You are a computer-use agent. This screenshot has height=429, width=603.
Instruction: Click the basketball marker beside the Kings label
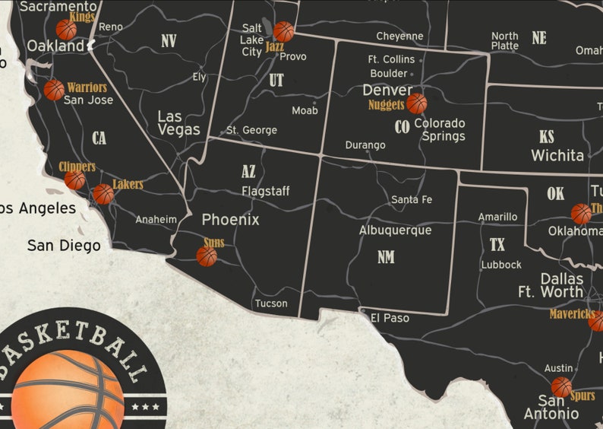pos(66,30)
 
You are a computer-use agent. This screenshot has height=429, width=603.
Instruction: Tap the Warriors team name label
pos(87,87)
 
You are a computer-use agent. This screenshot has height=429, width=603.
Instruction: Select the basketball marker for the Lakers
pos(103,194)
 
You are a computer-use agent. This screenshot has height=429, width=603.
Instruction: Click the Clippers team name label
pos(77,167)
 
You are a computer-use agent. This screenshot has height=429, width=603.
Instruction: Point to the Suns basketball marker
pos(207,256)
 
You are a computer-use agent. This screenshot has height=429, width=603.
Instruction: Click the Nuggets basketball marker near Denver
pos(416,103)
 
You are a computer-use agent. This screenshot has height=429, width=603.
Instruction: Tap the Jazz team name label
pos(275,47)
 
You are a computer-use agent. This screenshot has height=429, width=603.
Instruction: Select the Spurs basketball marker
pos(561,387)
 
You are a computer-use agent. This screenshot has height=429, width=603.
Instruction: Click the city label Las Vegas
pos(179,123)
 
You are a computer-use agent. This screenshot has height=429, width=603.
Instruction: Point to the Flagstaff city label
pos(266,191)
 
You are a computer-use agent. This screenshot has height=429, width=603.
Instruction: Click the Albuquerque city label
pos(395,230)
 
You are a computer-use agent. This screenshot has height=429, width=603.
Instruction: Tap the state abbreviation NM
pos(386,257)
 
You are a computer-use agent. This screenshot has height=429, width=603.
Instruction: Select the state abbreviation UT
pos(276,80)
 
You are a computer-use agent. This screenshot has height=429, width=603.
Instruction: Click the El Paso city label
pos(390,318)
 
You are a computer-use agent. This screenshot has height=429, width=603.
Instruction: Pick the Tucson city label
pos(271,303)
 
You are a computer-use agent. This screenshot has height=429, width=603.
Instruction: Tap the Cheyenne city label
pos(399,36)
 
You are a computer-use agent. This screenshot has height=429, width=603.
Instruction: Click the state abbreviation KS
pos(547,137)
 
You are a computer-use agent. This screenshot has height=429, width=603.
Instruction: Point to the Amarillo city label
pos(497,217)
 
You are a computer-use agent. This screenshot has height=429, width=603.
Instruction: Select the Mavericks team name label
pos(573,313)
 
